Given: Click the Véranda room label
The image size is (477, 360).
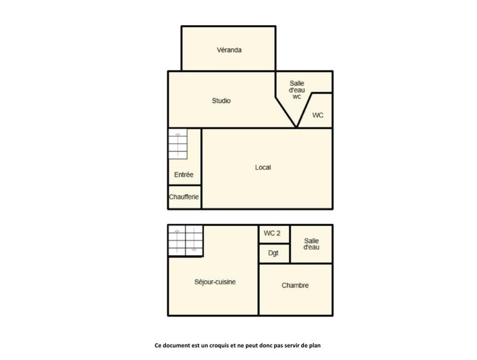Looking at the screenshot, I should (229, 50).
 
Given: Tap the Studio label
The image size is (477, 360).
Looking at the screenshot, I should (221, 101).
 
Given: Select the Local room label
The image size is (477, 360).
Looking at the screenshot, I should (263, 167).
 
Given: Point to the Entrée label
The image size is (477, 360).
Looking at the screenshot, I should (184, 175).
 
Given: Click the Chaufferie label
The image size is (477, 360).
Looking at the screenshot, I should (184, 197).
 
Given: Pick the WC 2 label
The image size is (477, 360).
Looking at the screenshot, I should (272, 233).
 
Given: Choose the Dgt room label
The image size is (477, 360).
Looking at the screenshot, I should (274, 253).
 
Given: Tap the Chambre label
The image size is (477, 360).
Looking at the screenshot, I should (295, 285).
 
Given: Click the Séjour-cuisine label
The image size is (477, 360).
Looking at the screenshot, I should (215, 282).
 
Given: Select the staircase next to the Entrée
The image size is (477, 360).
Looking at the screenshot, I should (178, 144).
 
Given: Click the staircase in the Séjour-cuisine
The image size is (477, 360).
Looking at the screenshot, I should (185, 240).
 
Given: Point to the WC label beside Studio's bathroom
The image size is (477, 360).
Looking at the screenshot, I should (318, 115).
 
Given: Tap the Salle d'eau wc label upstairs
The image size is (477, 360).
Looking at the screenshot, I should (297, 89).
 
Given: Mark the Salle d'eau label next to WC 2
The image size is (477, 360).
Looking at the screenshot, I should (311, 243).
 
